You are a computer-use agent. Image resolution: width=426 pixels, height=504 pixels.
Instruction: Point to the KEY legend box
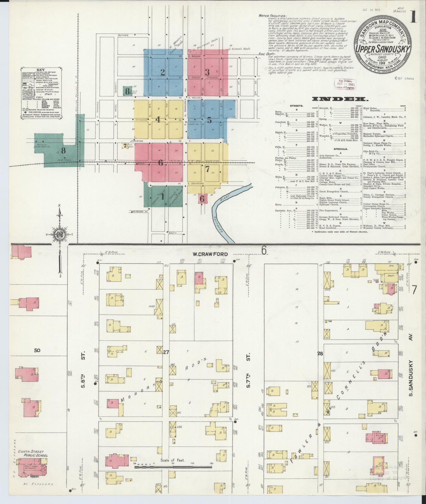coord(41,93)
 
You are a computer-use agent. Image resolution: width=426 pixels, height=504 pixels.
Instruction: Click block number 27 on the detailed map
coord(166,352)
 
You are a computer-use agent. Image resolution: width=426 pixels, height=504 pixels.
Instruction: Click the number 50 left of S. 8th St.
coord(37,350)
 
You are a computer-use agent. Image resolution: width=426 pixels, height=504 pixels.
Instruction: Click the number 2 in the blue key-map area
coord(162,72)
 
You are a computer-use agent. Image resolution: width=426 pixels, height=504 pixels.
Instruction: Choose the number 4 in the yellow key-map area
coord(158,119)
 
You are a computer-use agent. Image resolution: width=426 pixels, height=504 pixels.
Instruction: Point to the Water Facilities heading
coord(268,16)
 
